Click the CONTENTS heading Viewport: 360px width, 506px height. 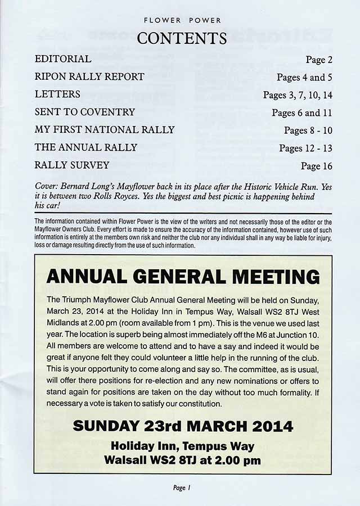[182, 38]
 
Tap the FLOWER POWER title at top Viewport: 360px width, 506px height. [182, 20]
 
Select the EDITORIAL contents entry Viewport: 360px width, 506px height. [63, 58]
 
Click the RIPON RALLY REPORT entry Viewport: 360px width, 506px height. [89, 76]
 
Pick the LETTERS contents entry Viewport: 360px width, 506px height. [57, 94]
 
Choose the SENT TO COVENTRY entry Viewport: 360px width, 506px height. [85, 112]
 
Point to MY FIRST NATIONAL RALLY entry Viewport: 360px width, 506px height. [105, 130]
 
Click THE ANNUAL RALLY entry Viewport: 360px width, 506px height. [86, 147]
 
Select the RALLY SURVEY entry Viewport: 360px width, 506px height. [72, 165]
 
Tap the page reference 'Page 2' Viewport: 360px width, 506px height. [319, 59]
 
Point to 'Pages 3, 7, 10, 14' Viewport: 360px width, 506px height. [298, 95]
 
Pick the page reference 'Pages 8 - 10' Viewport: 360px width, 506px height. [308, 130]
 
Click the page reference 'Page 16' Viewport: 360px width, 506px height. [317, 166]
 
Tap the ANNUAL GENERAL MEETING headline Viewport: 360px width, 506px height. [183, 277]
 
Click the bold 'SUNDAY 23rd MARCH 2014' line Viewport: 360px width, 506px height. [183, 426]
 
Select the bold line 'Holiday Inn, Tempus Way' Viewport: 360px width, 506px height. [183, 446]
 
